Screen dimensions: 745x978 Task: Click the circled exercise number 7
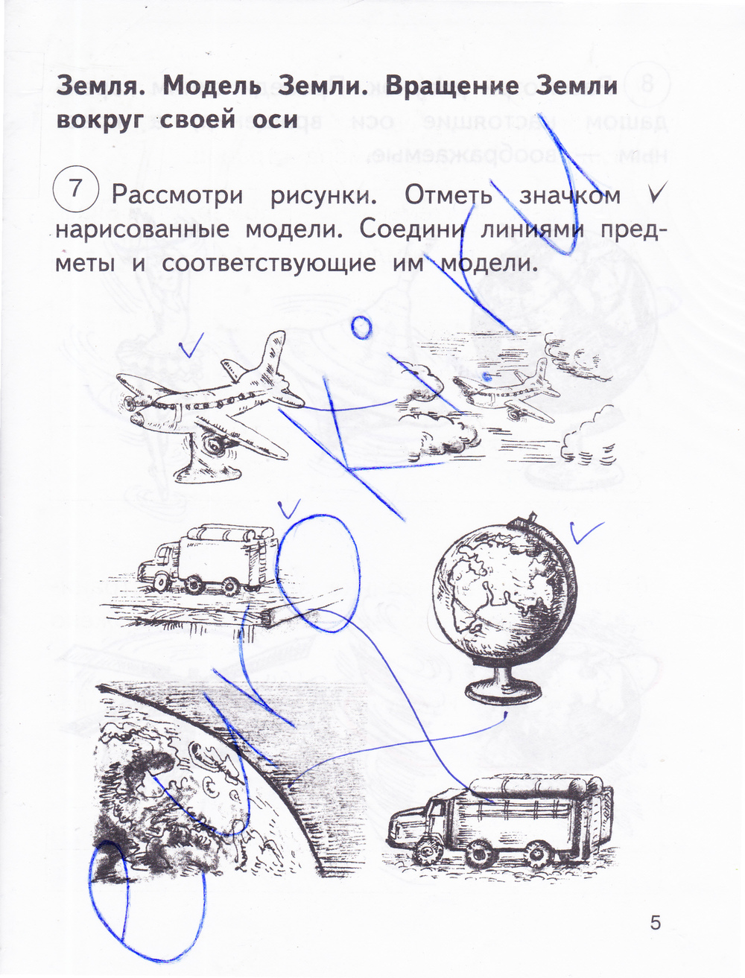click(x=74, y=188)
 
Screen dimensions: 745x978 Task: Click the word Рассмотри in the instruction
click(x=177, y=196)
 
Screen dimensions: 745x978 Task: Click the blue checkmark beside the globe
click(x=586, y=532)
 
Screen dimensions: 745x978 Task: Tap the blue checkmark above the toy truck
click(x=289, y=509)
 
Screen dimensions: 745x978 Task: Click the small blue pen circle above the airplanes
click(x=361, y=328)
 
